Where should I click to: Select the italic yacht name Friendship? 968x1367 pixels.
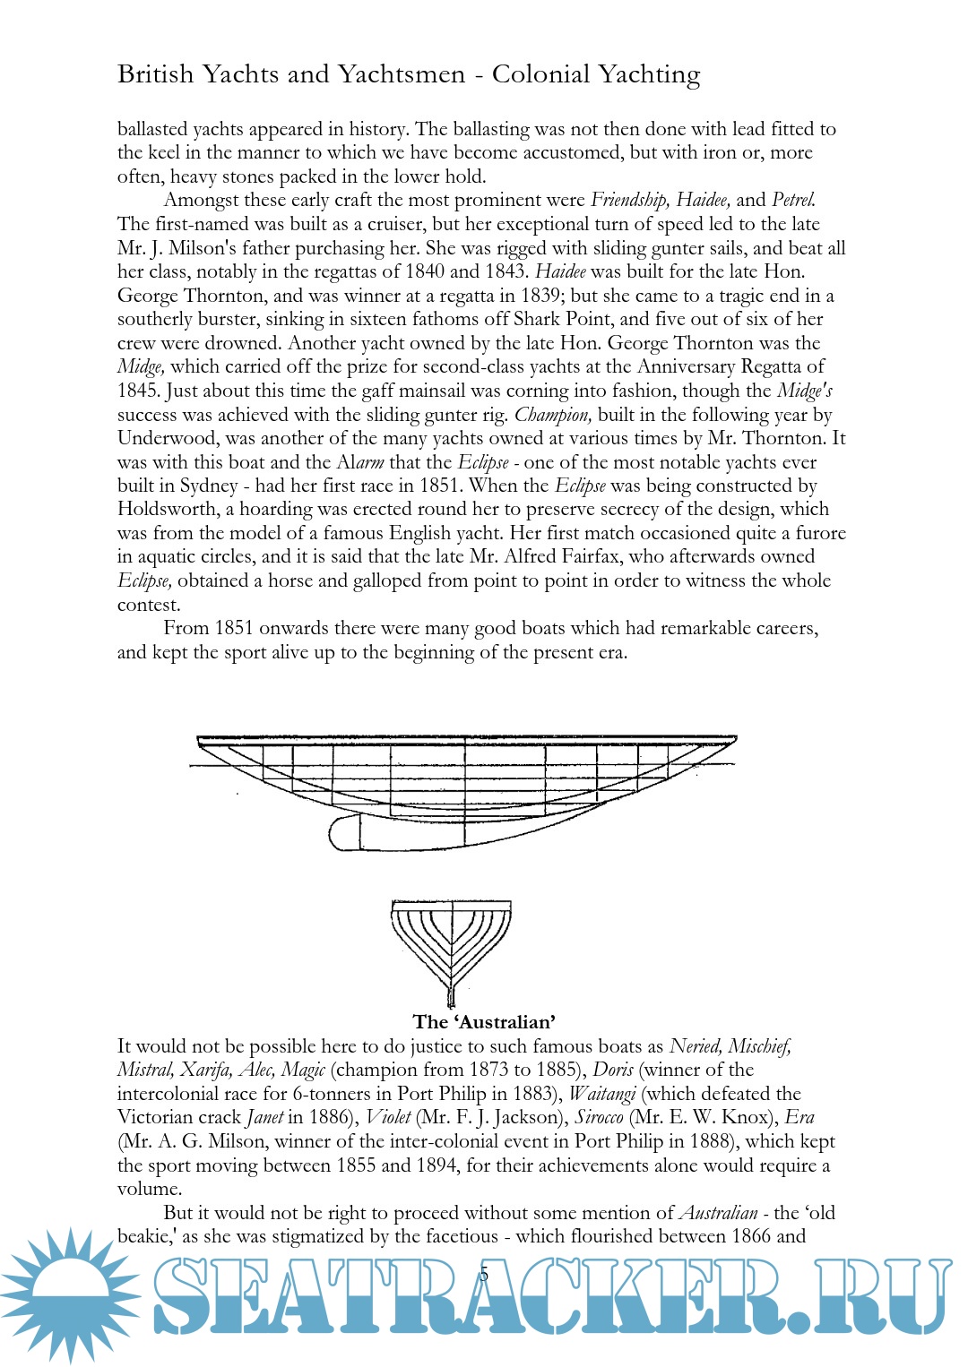[x=629, y=200]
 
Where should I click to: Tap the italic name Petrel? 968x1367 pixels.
[x=793, y=200]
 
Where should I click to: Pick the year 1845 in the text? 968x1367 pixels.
[x=137, y=391]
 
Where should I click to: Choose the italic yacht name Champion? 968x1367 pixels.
[x=553, y=415]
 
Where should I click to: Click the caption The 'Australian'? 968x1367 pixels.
[x=484, y=1022]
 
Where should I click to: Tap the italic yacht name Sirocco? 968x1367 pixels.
[x=599, y=1117]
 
